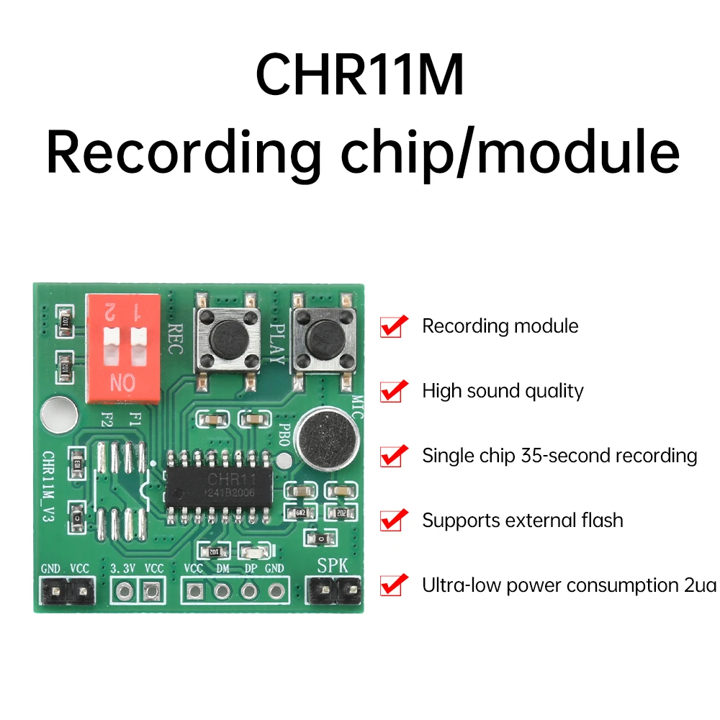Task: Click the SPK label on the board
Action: pos(333,566)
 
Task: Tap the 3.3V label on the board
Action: pos(124,568)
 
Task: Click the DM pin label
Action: pos(222,568)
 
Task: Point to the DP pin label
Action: pos(250,568)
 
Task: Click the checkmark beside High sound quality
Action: pos(393,391)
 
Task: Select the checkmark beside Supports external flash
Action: pos(393,520)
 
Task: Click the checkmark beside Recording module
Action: pos(393,326)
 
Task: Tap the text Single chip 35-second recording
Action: pos(559,456)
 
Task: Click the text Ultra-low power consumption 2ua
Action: pos(569,585)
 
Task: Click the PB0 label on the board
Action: pos(283,436)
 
